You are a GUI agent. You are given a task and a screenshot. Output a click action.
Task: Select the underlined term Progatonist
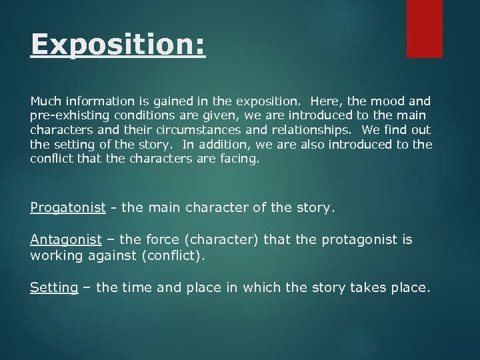[68, 208]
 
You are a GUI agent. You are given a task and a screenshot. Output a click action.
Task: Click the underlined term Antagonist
[66, 240]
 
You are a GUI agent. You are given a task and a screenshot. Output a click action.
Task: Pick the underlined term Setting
[54, 288]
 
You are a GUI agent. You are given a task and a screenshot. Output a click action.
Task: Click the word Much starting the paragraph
[45, 101]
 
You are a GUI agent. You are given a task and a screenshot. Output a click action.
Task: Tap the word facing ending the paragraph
[236, 159]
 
